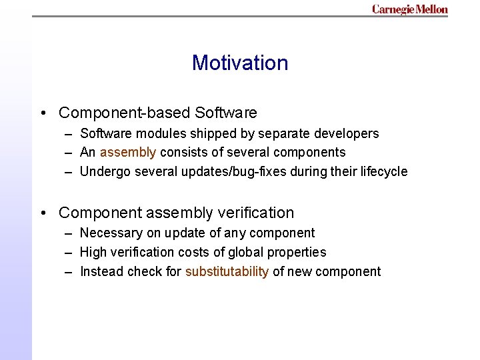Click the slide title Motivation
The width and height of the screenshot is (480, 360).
click(240, 63)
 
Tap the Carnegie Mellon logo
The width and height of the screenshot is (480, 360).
click(409, 9)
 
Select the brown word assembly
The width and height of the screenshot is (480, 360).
click(128, 153)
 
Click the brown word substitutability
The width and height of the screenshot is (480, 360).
click(227, 271)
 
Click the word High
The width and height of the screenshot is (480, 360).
click(93, 252)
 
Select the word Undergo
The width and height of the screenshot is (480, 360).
click(103, 171)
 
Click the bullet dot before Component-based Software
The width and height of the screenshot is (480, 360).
click(43, 113)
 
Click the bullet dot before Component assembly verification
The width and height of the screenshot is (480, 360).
click(43, 213)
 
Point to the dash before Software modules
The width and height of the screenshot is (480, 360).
click(69, 133)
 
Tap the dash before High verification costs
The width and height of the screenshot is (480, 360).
click(69, 252)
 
